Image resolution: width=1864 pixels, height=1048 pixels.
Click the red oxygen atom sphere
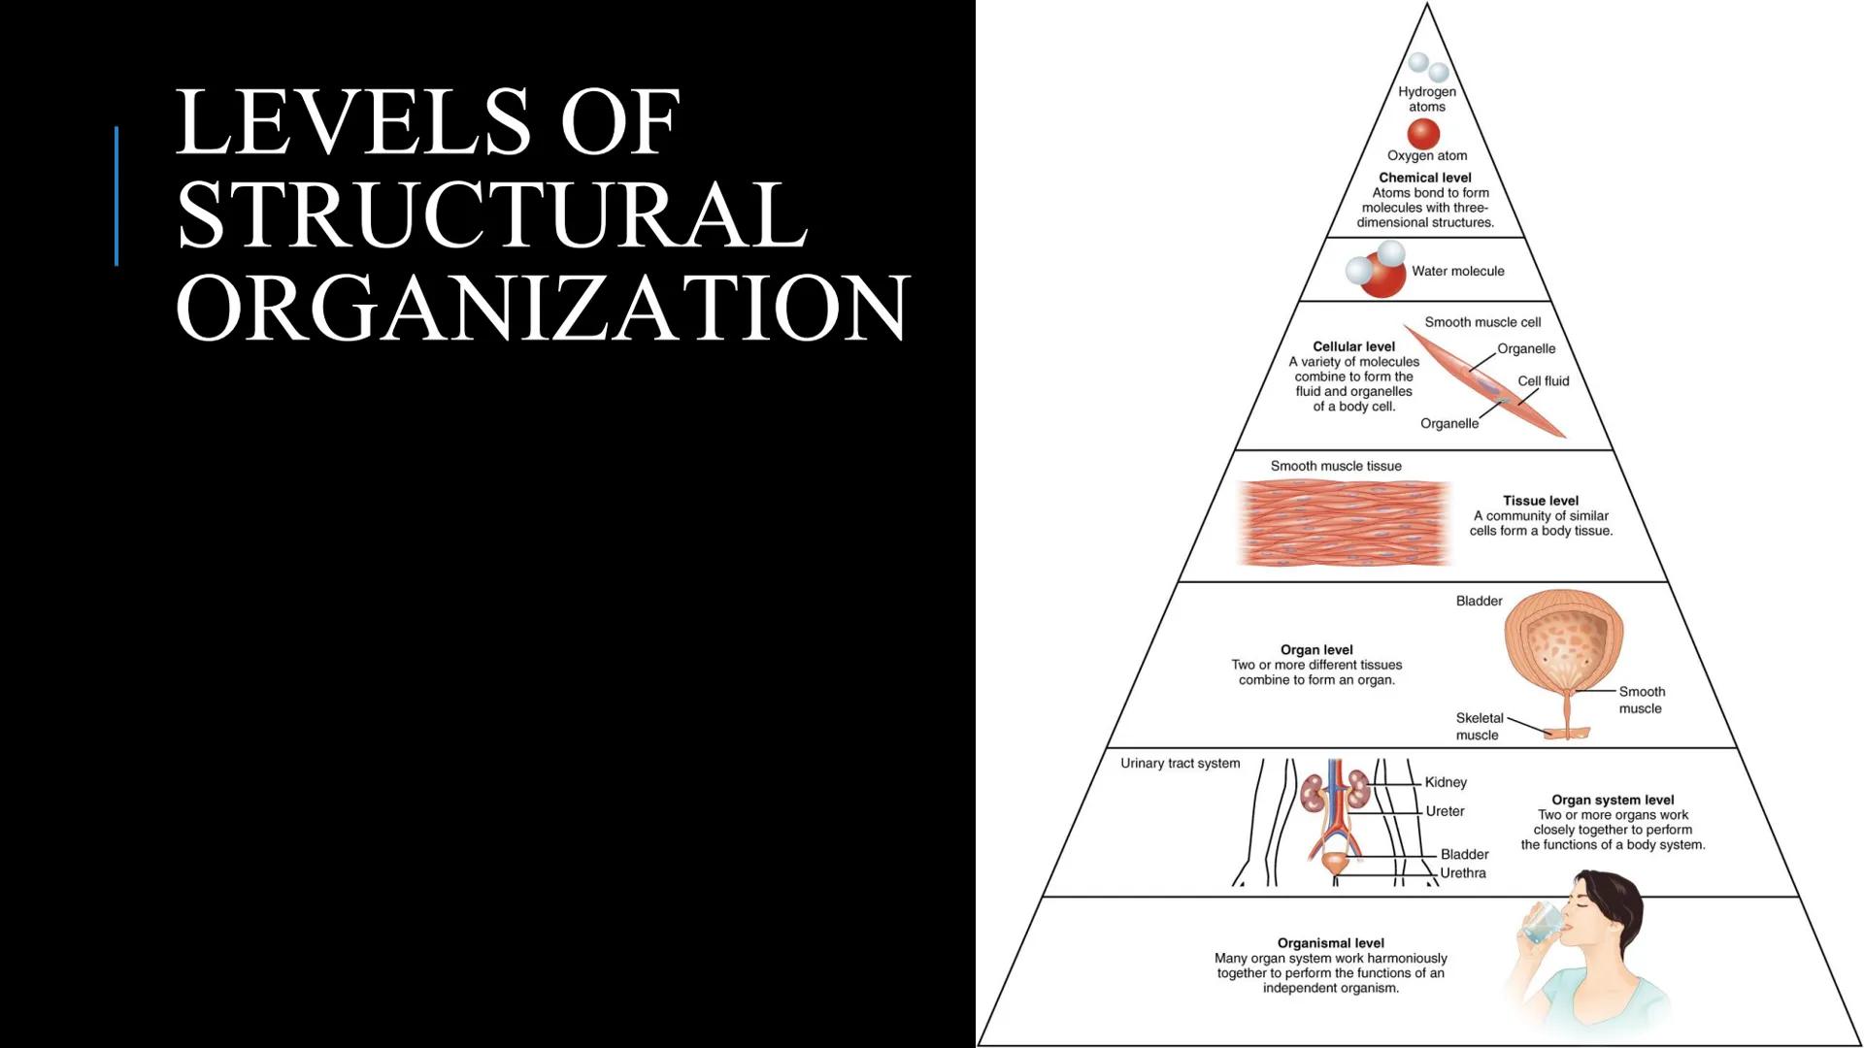pyautogui.click(x=1423, y=134)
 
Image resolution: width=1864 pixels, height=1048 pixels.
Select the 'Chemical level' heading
pyautogui.click(x=1424, y=178)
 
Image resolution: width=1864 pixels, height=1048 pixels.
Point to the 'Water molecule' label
pyautogui.click(x=1457, y=272)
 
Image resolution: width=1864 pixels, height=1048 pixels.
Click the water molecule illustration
pyautogui.click(x=1377, y=270)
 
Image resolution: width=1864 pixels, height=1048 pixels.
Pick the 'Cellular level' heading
pyautogui.click(x=1353, y=346)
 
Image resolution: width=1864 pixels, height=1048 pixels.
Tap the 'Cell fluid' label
pyautogui.click(x=1543, y=381)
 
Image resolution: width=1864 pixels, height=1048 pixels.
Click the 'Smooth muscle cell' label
pyautogui.click(x=1482, y=322)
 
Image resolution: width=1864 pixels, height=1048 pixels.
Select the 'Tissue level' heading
pyautogui.click(x=1541, y=501)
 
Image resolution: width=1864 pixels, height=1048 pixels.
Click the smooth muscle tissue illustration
pyautogui.click(x=1345, y=522)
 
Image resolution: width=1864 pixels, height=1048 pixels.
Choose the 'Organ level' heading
pyautogui.click(x=1315, y=650)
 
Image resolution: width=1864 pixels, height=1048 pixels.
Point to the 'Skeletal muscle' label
pyautogui.click(x=1479, y=727)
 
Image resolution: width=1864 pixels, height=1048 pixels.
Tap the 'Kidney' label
pyautogui.click(x=1446, y=782)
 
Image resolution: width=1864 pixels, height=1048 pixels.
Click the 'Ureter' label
pyautogui.click(x=1445, y=811)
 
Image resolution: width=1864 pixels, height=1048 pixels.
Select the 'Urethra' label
pyautogui.click(x=1462, y=873)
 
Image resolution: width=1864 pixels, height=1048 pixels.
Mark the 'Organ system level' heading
pyautogui.click(x=1613, y=801)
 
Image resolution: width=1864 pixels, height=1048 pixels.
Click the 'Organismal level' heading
pyautogui.click(x=1330, y=943)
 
